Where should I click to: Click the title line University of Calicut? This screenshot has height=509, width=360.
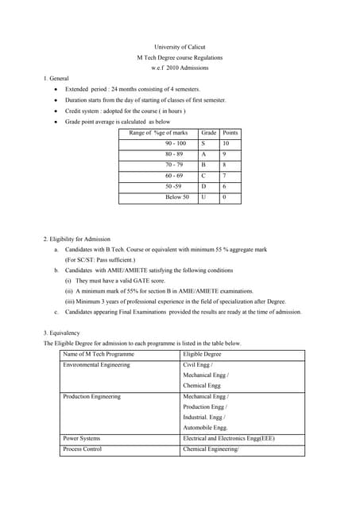point(180,47)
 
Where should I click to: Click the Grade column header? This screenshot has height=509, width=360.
point(209,132)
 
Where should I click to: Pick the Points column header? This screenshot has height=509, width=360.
point(230,132)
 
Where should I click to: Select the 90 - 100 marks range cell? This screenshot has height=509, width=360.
point(176,143)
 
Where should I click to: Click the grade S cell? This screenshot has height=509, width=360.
point(203,143)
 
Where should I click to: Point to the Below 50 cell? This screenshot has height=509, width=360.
point(176,196)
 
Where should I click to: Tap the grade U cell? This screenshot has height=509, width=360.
point(204,196)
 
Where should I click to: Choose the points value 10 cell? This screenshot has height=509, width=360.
point(226,143)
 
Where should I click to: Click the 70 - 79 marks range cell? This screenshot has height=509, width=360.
point(174,165)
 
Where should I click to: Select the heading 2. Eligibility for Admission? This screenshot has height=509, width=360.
point(77,239)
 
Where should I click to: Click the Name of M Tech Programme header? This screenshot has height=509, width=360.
point(99,353)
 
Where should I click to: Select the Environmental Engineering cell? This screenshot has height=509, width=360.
point(96,364)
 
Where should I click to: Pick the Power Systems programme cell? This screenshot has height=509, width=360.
point(82,437)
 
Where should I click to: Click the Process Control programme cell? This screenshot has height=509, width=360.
point(83,449)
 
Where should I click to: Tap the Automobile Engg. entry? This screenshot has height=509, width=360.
point(205,426)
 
